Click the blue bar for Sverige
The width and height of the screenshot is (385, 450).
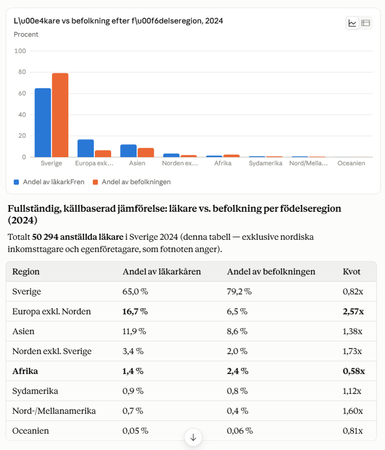point(43,122)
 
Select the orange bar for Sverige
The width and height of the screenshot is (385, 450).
point(60,115)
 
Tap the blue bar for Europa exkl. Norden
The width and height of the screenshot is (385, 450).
point(86,148)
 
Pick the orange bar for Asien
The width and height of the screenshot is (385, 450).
point(146,152)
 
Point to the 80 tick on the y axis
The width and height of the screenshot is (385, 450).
point(22,72)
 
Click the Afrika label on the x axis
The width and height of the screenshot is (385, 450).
point(223,164)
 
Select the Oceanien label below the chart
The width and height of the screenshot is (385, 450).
point(351,164)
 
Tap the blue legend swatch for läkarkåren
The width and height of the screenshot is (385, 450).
point(16,182)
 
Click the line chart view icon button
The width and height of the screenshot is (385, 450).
point(353,23)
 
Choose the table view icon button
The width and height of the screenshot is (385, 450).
point(366,23)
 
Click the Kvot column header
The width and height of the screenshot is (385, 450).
point(352,272)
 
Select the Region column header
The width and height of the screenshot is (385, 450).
point(26,272)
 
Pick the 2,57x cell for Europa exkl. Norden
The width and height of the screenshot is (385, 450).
point(353,311)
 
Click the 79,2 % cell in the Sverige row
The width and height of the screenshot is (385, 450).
point(239,292)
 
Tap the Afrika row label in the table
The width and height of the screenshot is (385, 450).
point(25,371)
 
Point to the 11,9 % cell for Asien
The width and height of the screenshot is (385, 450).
point(134,331)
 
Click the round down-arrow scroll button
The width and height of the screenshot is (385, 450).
point(193,437)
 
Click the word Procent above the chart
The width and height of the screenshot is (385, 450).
point(26,35)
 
